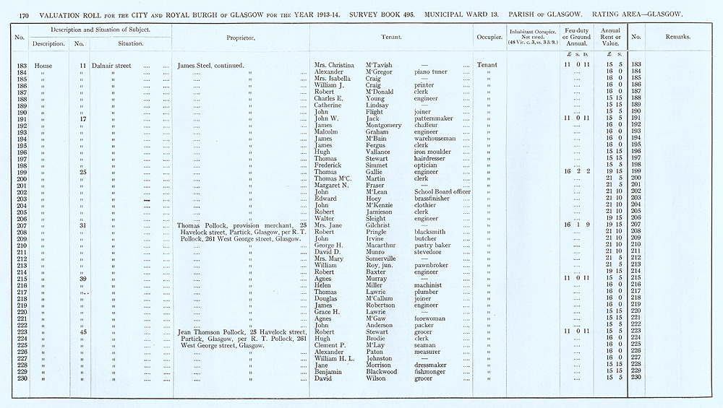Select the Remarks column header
pos(678,37)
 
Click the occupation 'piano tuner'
pos(432,72)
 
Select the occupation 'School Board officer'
pos(442,191)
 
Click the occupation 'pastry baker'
pos(433,245)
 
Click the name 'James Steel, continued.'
pos(210,66)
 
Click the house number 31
pos(83,225)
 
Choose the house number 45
pos(83,332)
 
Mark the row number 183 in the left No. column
pos(21,66)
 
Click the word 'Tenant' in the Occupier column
pos(486,66)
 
